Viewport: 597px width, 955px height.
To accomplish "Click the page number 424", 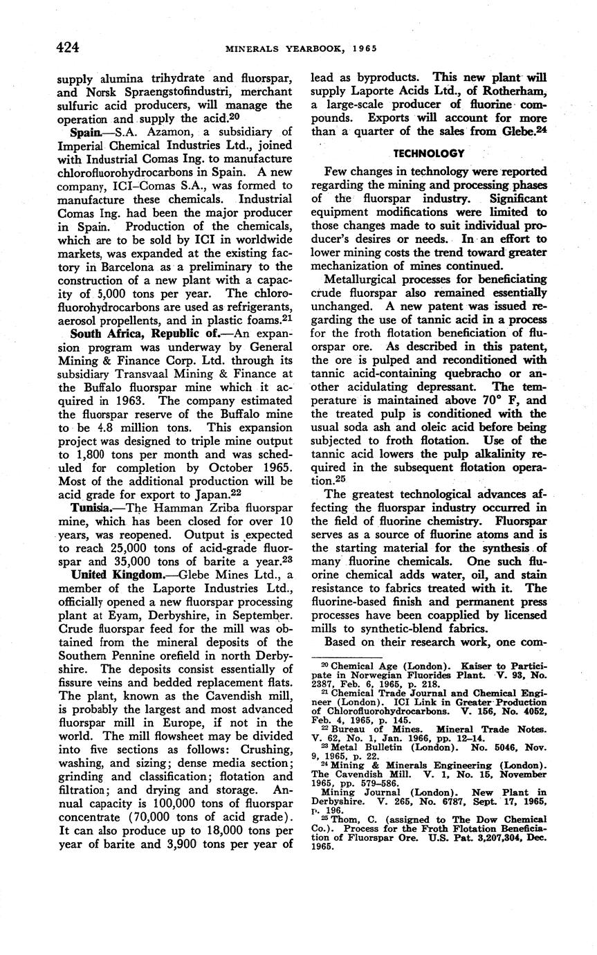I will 68,47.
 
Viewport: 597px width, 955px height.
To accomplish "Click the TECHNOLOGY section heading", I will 429,153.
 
